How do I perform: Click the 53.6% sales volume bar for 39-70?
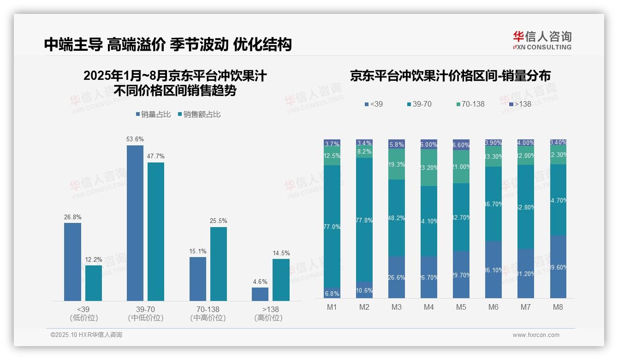coord(135,223)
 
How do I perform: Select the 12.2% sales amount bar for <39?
coord(93,283)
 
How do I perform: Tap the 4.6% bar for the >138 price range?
coord(260,294)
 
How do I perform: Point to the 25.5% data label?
coord(219,221)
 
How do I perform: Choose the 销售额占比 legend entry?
coord(199,114)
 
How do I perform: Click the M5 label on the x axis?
coord(461,307)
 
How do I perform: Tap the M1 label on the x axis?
coord(332,307)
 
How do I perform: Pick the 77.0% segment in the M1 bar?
coord(332,227)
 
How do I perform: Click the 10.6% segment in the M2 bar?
coord(364,290)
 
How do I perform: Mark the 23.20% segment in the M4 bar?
coord(428,168)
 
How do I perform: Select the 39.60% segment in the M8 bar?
coord(558,267)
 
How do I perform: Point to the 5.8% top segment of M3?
coord(396,144)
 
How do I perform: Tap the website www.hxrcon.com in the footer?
coord(535,335)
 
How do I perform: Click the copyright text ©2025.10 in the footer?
coord(86,335)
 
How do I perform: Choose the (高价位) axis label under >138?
coord(268,318)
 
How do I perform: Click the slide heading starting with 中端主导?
coord(168,44)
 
